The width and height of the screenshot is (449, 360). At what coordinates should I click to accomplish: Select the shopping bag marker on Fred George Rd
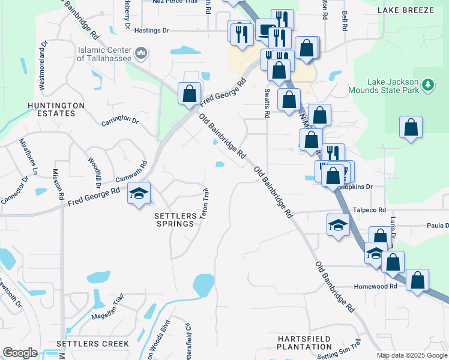coord(190,94)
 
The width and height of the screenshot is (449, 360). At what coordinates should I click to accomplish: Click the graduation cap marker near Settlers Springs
coord(139,194)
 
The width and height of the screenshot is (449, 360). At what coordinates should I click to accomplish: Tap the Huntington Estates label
coord(56,109)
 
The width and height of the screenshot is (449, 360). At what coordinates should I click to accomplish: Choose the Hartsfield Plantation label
coord(304,343)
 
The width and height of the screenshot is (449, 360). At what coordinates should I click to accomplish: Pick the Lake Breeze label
coord(406,11)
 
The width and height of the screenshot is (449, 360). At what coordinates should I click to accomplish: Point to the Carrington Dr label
coord(120,120)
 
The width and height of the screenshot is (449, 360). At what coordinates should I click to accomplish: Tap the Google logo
coord(20,353)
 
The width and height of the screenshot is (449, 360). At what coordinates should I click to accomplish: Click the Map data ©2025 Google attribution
coord(412,355)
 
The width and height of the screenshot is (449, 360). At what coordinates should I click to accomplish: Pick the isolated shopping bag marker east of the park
coord(411,127)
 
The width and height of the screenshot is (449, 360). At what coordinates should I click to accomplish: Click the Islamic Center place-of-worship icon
coord(142,54)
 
